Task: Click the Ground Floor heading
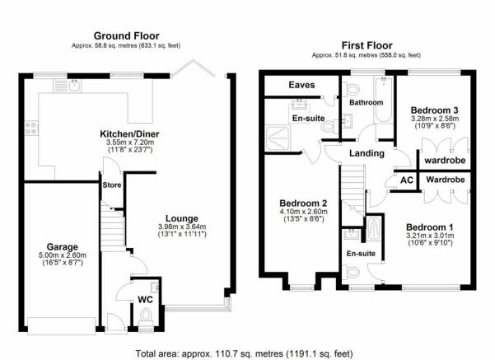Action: [x=126, y=35]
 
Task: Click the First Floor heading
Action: [x=367, y=45]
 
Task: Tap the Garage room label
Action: [x=63, y=247]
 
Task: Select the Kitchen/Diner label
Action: [x=129, y=134]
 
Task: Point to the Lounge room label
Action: [x=182, y=218]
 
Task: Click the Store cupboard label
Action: [x=112, y=185]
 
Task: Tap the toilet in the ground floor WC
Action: [x=146, y=317]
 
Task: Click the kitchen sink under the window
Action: [x=68, y=86]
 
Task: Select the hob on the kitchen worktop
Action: [x=31, y=129]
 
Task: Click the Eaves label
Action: [x=301, y=85]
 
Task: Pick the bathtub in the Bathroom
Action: [x=384, y=100]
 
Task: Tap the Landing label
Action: [x=367, y=153]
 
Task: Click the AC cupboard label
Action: [x=407, y=180]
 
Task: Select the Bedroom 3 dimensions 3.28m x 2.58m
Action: [x=435, y=119]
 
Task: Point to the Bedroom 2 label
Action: [x=303, y=203]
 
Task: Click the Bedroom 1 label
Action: [x=430, y=227]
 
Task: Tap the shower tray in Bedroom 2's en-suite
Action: [x=278, y=138]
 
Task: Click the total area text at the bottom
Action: [x=244, y=353]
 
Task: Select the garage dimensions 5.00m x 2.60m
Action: [x=63, y=255]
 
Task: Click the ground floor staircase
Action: [x=112, y=225]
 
